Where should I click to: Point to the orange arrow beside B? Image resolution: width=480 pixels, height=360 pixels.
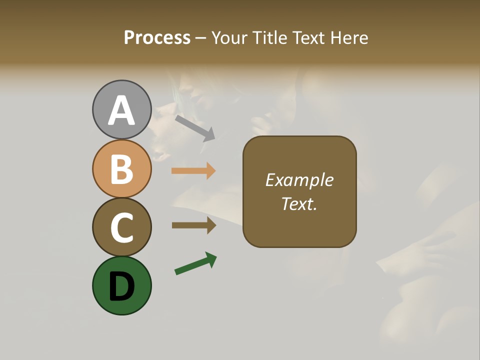(x=193, y=171)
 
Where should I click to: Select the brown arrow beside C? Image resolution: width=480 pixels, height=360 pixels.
(x=193, y=225)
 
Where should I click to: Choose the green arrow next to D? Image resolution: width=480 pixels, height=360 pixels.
(x=195, y=263)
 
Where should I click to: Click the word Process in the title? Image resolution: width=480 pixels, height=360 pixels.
(x=157, y=38)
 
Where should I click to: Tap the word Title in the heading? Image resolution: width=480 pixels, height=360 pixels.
(x=269, y=38)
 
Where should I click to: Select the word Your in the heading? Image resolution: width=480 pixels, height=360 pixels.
(x=230, y=38)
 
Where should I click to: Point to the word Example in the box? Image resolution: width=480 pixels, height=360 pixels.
(x=299, y=180)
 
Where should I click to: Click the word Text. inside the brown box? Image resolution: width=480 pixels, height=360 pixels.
(x=299, y=203)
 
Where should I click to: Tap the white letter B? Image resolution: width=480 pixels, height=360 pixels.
(x=121, y=169)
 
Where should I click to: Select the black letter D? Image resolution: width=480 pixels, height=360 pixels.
(x=121, y=286)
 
